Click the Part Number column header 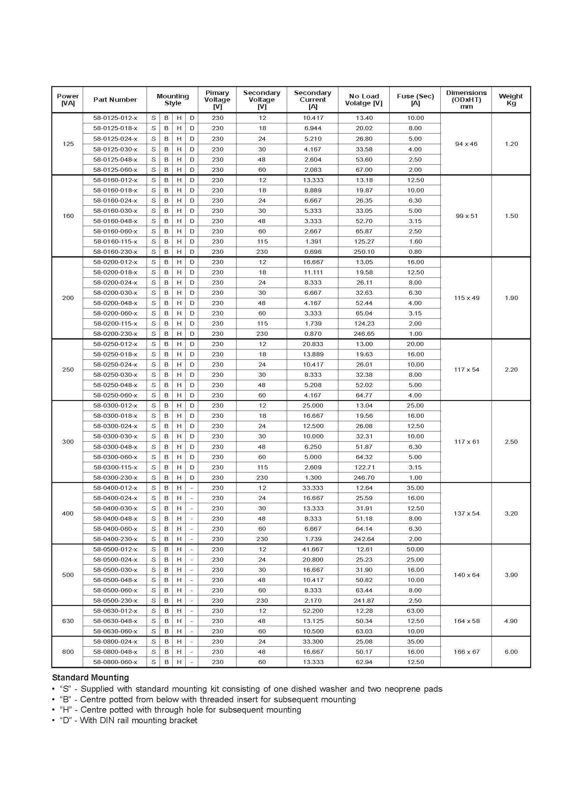[115, 99]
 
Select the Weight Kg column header [511, 99]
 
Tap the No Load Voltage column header [364, 99]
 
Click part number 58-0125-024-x [115, 139]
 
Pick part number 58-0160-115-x [115, 242]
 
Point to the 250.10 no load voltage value [364, 252]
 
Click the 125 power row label [68, 144]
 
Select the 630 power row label [68, 621]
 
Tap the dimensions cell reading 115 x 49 [467, 298]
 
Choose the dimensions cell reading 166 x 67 [467, 652]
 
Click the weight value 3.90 [511, 575]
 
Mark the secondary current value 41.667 [313, 549]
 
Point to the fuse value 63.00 [415, 611]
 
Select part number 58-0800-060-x [115, 662]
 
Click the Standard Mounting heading [91, 677]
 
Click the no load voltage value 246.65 [364, 334]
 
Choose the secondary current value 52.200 [313, 611]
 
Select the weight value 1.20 [511, 144]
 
